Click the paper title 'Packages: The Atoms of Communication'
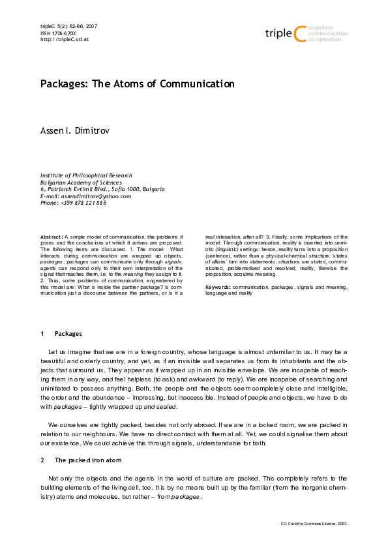(137, 84)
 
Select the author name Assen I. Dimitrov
(77, 132)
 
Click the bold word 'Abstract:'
(52, 237)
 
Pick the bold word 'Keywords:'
(218, 287)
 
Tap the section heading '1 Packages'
(61, 334)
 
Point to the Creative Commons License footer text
(314, 523)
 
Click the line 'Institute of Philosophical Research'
(86, 175)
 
